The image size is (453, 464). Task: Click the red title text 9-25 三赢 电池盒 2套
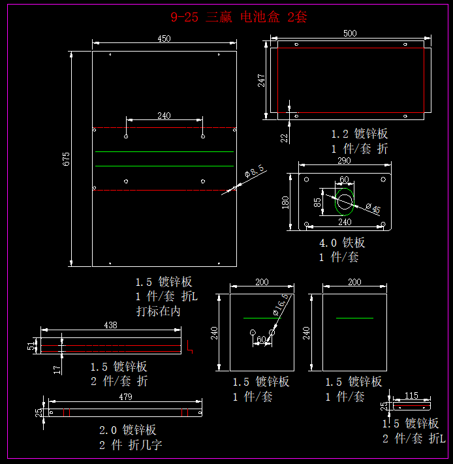point(238,18)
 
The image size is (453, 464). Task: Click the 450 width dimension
point(164,39)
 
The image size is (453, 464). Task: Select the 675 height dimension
point(66,159)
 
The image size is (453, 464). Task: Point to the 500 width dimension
point(350,33)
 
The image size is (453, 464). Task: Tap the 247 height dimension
point(261,80)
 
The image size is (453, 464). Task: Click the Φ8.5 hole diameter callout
point(254,172)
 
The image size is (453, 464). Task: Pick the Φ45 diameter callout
point(373,209)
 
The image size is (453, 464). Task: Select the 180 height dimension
point(285,202)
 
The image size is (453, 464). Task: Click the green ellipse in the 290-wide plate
point(344,202)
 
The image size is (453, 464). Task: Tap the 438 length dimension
point(111,324)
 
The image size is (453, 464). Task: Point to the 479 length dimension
point(125,397)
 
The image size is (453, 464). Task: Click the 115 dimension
point(411,395)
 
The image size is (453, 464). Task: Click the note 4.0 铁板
point(342,243)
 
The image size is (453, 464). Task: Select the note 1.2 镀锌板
point(359,134)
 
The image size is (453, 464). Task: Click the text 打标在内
point(158,311)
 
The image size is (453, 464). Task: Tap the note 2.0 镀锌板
point(127,430)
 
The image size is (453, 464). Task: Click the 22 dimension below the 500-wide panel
point(285,137)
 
